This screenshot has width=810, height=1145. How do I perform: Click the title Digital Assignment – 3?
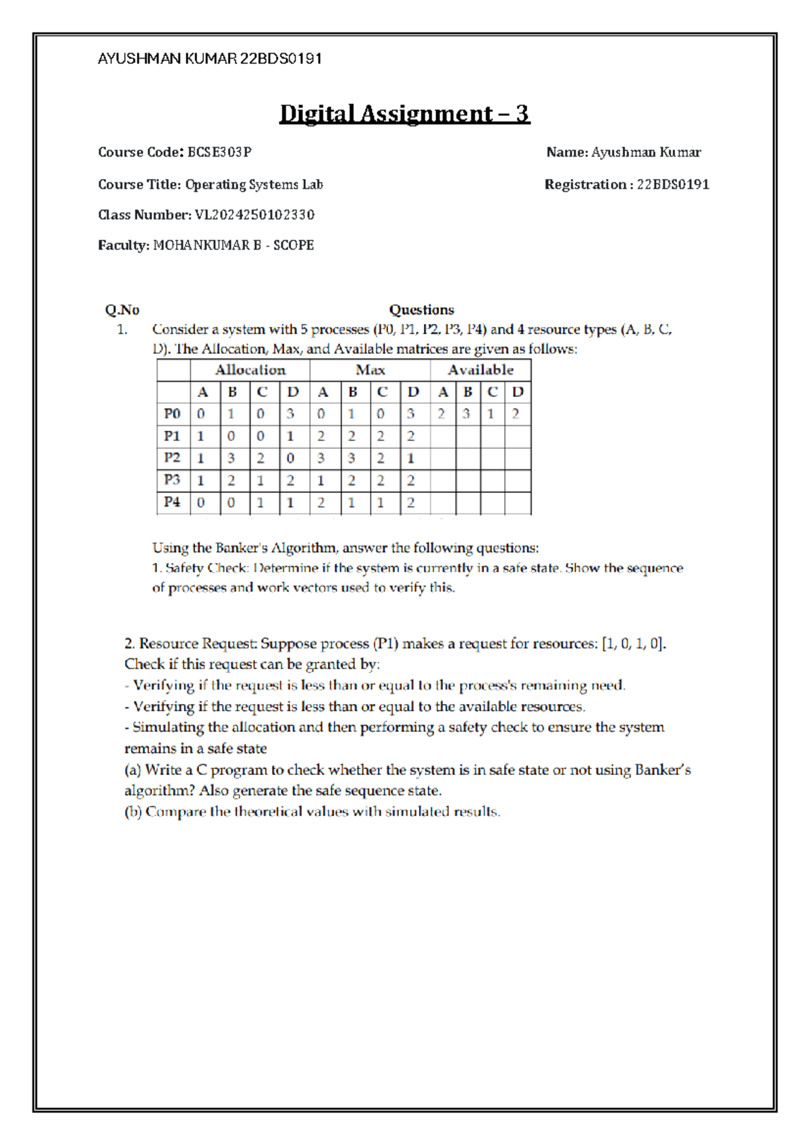(404, 113)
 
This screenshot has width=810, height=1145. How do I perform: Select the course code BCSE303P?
(219, 153)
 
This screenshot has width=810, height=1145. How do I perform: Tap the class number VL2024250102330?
(254, 215)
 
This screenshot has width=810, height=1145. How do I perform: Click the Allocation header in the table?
(250, 370)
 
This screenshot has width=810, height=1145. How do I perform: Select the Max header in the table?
(370, 370)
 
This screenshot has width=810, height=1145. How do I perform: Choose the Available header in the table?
(481, 370)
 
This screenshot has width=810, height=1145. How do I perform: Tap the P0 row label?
(172, 414)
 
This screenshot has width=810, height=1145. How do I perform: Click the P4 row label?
(172, 502)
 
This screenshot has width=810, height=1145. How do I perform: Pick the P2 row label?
(172, 458)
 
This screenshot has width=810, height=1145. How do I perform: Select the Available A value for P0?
(441, 414)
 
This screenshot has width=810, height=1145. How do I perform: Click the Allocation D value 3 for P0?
(291, 414)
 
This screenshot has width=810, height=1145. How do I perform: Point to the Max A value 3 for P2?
(321, 458)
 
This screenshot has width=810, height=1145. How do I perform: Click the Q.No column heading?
(122, 310)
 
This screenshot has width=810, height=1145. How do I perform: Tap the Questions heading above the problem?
(421, 310)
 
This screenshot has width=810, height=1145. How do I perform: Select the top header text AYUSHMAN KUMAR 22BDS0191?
(209, 59)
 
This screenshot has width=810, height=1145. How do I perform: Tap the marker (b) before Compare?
(133, 812)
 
